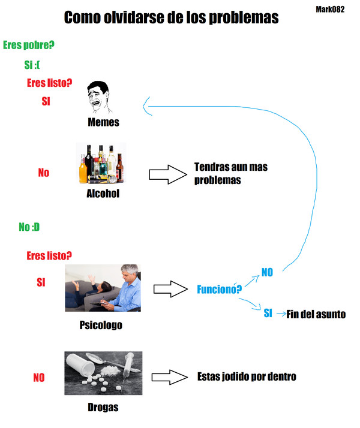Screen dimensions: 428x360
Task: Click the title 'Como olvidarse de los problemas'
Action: point(171,18)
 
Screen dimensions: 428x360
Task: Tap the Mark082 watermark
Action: point(329,10)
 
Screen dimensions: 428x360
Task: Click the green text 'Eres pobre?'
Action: point(29,45)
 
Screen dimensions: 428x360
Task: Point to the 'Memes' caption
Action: point(103,122)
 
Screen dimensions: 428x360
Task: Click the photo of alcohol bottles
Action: point(101,162)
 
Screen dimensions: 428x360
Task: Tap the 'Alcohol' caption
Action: point(103,194)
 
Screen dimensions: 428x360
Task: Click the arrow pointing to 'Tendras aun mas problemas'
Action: point(166,174)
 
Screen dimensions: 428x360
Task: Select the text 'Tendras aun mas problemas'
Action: point(230,173)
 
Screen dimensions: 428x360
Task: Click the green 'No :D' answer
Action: point(29,227)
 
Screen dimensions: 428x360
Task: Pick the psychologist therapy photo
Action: point(103,288)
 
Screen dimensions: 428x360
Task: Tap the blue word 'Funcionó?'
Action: point(220,290)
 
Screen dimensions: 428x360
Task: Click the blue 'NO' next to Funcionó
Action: point(267,272)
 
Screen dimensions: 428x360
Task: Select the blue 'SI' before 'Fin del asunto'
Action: point(268,313)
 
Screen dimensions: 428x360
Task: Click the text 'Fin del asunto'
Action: point(316,314)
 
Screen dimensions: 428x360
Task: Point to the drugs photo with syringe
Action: point(103,373)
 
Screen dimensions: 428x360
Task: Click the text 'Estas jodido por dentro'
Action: point(247,376)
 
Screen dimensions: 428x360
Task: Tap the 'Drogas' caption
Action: point(103,408)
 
